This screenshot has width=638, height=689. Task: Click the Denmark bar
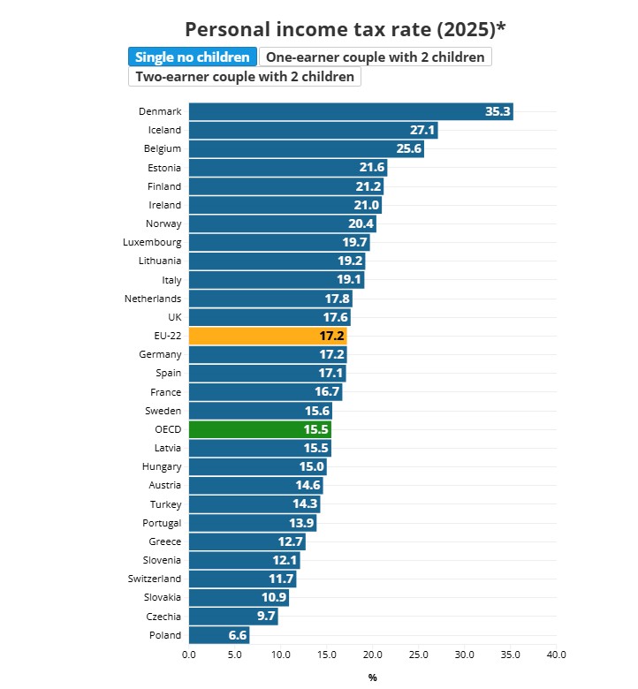click(x=351, y=111)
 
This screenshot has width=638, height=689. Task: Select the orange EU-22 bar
click(x=268, y=336)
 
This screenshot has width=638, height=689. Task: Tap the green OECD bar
click(x=260, y=429)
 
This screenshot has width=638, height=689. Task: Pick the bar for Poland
click(x=219, y=635)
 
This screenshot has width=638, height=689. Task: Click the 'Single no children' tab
click(x=193, y=57)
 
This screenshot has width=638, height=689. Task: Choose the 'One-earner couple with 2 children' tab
click(x=375, y=57)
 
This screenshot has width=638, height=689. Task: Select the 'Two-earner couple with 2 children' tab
click(x=245, y=77)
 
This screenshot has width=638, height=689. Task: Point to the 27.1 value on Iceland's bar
click(x=422, y=130)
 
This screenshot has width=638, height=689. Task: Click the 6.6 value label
click(x=238, y=635)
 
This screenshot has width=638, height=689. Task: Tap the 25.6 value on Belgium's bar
click(x=409, y=148)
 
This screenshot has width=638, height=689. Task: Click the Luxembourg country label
click(x=152, y=242)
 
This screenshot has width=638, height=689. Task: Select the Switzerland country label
click(x=155, y=579)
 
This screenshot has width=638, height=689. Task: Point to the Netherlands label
click(x=153, y=299)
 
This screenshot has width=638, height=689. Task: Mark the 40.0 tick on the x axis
click(x=556, y=655)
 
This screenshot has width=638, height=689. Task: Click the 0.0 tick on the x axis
click(x=189, y=655)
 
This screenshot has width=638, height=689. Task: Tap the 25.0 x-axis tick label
click(x=419, y=655)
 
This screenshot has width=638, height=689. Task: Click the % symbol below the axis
click(x=372, y=678)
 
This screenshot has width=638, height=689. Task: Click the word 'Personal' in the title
click(x=227, y=29)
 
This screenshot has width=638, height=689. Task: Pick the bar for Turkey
click(x=254, y=504)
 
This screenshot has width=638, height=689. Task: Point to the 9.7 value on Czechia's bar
click(x=267, y=616)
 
